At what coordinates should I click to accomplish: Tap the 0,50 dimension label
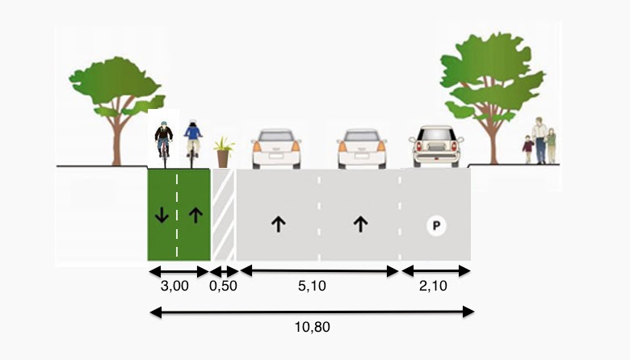(224, 286)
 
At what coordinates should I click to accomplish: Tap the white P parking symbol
(436, 227)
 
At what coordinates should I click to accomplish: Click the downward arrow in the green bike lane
(162, 215)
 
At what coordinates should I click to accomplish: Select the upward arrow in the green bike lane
(194, 215)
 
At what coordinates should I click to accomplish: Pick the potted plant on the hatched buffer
(223, 153)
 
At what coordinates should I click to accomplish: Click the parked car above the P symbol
(437, 147)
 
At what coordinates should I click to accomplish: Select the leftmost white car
(276, 149)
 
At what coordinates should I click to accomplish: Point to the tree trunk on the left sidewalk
(118, 141)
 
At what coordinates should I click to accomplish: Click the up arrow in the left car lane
(278, 224)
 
